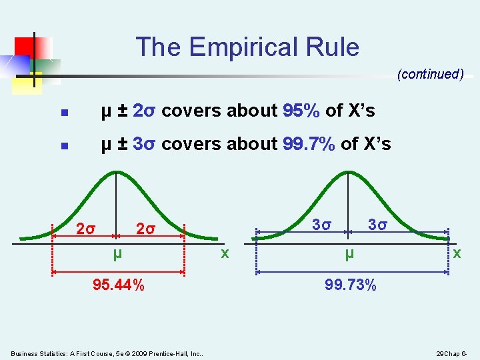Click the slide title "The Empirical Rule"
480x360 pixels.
247,47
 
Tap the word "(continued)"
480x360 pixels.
431,75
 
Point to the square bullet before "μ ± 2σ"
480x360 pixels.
63,113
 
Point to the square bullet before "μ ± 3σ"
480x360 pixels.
63,145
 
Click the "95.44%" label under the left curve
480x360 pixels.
119,286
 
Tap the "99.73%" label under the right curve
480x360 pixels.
351,286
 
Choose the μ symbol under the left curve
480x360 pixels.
117,254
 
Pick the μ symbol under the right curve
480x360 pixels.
349,254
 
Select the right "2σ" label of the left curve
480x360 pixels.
145,230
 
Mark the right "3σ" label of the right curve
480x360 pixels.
378,225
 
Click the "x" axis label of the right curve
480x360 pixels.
456,253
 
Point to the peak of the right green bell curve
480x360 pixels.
348,172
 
